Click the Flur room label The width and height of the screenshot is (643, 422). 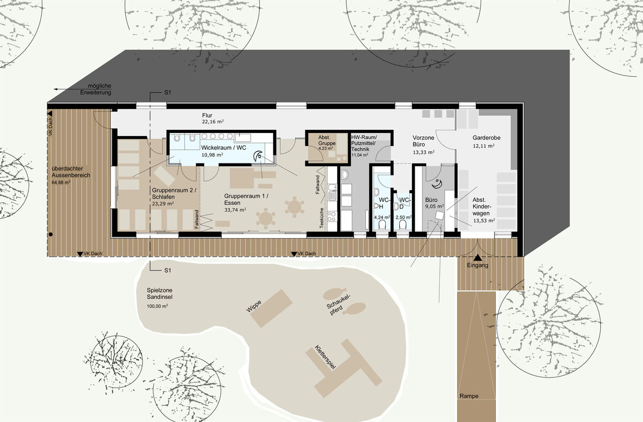207,115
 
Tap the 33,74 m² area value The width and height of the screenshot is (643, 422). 235,210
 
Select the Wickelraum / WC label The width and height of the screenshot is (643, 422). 223,147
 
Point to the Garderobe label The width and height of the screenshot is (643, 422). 487,138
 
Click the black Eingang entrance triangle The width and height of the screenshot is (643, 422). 477,257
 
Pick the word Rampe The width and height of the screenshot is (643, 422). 469,396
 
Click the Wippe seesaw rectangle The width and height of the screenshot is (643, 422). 271,308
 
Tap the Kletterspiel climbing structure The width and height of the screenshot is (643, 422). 344,368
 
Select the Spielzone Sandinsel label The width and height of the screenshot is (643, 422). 160,294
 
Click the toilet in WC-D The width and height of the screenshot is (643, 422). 402,225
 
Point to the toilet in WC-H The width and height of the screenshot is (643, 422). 382,225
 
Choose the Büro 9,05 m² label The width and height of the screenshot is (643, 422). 435,203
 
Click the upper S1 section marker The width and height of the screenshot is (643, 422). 168,93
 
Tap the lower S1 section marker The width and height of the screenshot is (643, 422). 168,270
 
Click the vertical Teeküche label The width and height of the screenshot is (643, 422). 322,218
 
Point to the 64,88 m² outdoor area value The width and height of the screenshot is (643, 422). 61,182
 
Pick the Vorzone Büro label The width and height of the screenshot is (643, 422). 423,141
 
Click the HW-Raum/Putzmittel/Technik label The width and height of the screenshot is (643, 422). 364,143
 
